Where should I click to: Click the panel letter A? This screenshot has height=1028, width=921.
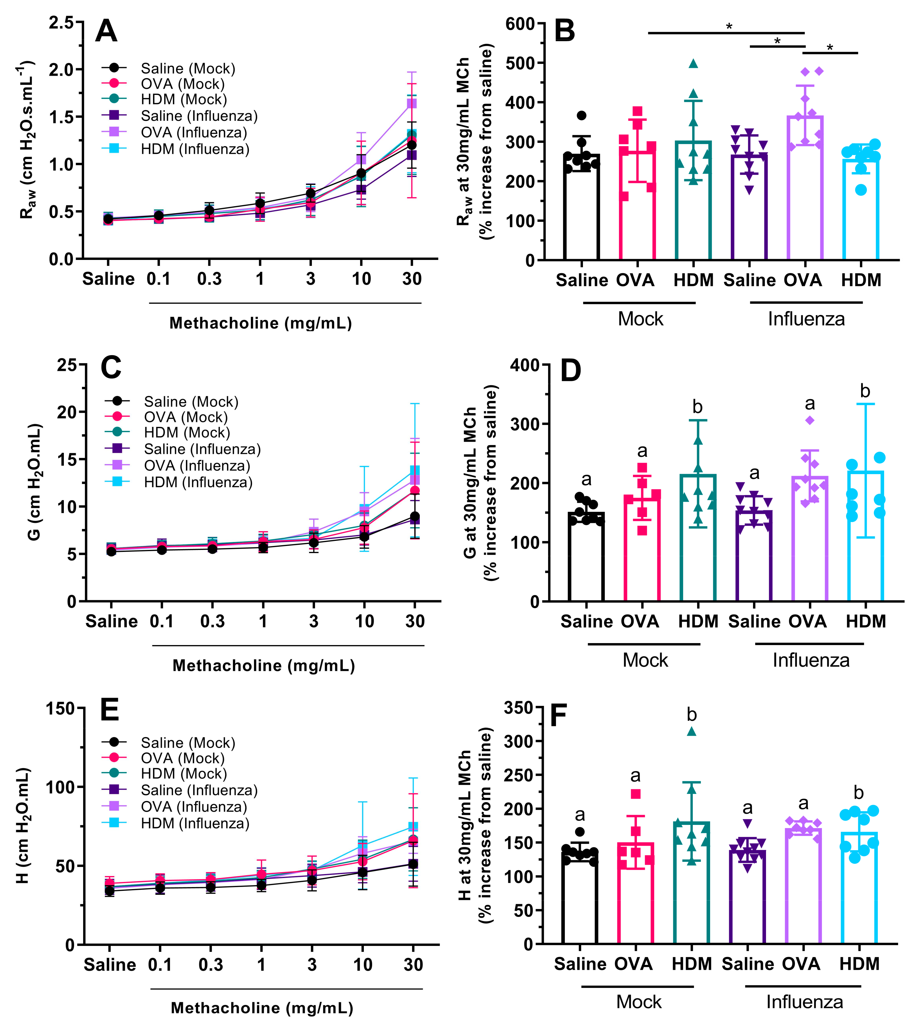pyautogui.click(x=106, y=32)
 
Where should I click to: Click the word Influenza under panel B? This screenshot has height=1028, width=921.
pyautogui.click(x=806, y=319)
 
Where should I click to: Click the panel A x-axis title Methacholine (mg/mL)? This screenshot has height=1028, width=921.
pyautogui.click(x=261, y=323)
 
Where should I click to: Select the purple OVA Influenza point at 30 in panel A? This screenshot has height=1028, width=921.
pyautogui.click(x=412, y=103)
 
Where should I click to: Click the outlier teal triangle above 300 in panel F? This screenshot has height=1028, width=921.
pyautogui.click(x=692, y=731)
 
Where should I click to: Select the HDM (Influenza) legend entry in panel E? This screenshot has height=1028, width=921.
pyautogui.click(x=195, y=823)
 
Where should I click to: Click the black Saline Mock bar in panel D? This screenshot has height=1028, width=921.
pyautogui.click(x=586, y=557)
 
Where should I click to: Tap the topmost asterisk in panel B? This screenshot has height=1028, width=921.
pyautogui.click(x=729, y=27)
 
